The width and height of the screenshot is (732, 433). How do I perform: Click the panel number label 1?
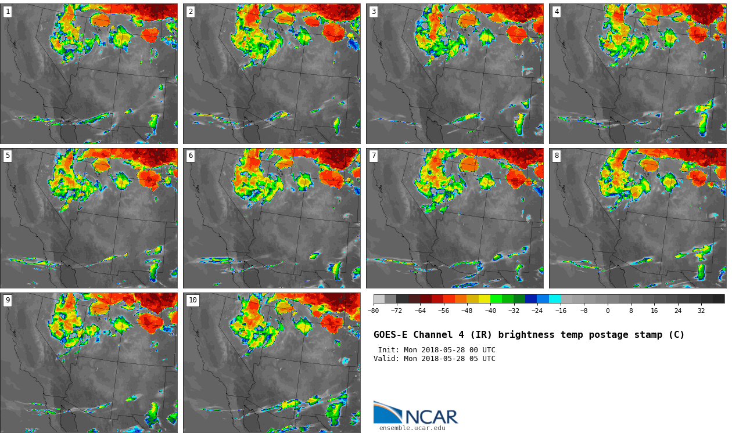[8, 12]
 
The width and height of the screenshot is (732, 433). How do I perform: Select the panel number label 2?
[191, 12]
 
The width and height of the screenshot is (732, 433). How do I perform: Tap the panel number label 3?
[374, 12]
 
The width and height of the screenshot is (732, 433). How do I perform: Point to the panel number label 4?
[557, 12]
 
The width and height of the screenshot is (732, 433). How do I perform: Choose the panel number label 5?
[8, 156]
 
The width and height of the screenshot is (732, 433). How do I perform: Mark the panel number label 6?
[191, 156]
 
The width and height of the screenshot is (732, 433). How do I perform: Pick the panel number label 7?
[374, 156]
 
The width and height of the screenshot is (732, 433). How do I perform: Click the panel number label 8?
[557, 156]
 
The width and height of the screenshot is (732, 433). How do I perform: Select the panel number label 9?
[8, 300]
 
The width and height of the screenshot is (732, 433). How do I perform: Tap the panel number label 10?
[192, 300]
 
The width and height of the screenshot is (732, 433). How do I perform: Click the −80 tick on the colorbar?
[374, 311]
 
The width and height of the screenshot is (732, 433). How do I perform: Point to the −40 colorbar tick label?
[490, 311]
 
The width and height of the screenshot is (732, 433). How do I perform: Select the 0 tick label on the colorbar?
[608, 311]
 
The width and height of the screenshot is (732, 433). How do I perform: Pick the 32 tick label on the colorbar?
[701, 311]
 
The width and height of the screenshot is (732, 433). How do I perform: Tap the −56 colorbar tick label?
[443, 311]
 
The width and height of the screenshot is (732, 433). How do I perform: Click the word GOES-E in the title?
[390, 335]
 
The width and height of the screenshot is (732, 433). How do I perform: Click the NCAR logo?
[415, 413]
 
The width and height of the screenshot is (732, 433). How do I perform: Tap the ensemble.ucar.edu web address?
[412, 428]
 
